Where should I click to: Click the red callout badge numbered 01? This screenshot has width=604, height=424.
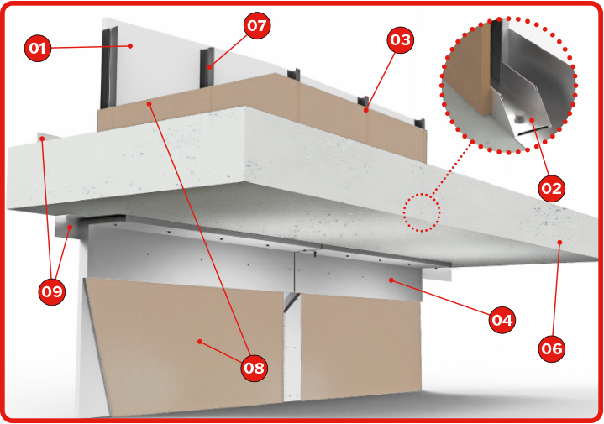[37, 48]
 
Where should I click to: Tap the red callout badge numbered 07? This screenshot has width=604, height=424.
[257, 26]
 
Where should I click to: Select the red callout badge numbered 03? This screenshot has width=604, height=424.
[400, 39]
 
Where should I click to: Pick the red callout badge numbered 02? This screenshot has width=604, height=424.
[552, 188]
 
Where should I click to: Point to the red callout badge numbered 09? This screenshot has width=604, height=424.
[51, 291]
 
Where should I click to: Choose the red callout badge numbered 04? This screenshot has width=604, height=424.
[502, 320]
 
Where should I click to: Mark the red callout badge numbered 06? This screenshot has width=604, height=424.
[552, 348]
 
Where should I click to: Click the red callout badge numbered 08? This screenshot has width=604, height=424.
[254, 368]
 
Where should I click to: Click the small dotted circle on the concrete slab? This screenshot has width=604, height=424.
[422, 212]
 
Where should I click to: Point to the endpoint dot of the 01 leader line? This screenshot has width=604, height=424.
[130, 46]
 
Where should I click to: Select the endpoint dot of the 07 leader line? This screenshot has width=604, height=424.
[209, 67]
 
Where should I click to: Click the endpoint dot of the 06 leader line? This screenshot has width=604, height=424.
[560, 242]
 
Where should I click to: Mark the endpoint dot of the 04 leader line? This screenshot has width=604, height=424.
[391, 280]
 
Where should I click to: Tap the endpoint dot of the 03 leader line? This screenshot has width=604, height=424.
[366, 110]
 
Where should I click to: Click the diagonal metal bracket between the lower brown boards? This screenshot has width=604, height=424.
[291, 301]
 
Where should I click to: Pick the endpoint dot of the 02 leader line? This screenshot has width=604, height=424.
[532, 120]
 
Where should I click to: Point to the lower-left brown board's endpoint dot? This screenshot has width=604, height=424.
[200, 341]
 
